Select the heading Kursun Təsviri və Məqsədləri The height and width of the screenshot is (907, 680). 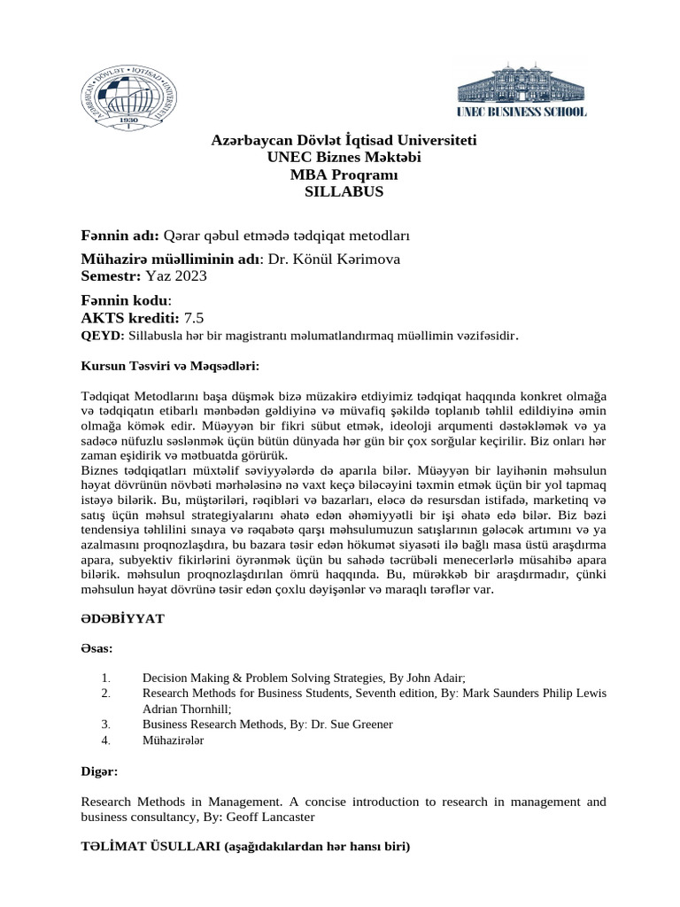(x=170, y=364)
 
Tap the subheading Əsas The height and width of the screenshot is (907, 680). (x=97, y=647)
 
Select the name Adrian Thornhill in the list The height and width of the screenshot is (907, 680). (x=186, y=709)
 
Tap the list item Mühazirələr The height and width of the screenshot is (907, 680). (x=173, y=740)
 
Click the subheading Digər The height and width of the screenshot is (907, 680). (x=99, y=771)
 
